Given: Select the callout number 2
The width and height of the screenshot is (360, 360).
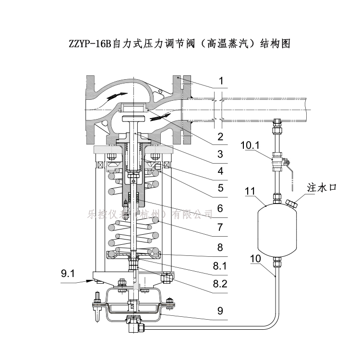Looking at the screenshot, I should pyautogui.click(x=220, y=137).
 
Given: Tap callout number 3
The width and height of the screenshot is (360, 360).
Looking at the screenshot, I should pyautogui.click(x=220, y=154).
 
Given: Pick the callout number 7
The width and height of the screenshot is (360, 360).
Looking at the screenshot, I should pyautogui.click(x=220, y=225).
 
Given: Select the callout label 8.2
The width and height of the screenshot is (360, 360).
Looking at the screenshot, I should pyautogui.click(x=219, y=283).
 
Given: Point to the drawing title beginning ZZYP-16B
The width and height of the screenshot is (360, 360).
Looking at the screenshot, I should pyautogui.click(x=180, y=44).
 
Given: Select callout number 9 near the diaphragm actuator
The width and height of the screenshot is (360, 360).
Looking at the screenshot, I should pyautogui.click(x=220, y=311).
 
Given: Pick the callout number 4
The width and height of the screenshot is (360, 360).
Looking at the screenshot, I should pyautogui.click(x=220, y=170).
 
